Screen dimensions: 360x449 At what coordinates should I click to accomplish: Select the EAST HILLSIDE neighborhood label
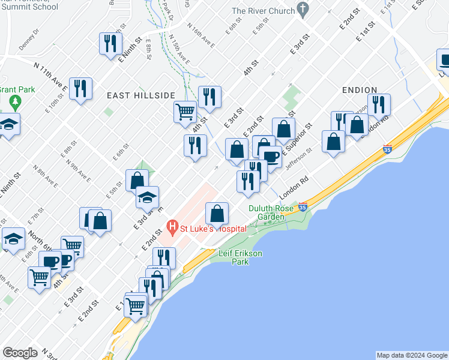click(x=141, y=95)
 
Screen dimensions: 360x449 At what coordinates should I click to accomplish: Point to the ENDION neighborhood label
click(x=360, y=89)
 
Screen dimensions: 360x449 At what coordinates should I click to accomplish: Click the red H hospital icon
click(x=173, y=227)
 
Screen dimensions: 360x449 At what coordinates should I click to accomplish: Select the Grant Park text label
click(x=14, y=89)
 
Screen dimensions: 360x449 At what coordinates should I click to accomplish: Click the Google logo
click(x=19, y=353)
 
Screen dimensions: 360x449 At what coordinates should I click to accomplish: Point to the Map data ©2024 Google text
click(x=412, y=355)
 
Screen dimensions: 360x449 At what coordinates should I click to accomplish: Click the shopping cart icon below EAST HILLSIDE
click(x=185, y=111)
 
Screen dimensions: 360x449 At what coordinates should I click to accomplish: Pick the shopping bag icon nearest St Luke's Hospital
click(x=217, y=213)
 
